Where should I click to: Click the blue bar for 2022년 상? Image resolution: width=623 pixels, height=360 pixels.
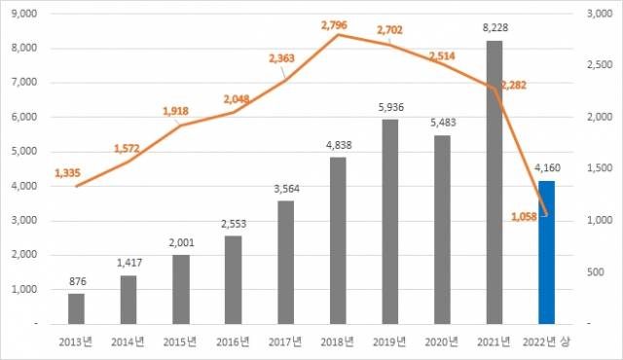pos(546,252)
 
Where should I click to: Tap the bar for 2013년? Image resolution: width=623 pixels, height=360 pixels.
pos(76,307)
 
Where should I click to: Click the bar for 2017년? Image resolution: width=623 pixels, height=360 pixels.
pos(285,262)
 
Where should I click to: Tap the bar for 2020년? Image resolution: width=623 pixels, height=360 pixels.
pos(442,229)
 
